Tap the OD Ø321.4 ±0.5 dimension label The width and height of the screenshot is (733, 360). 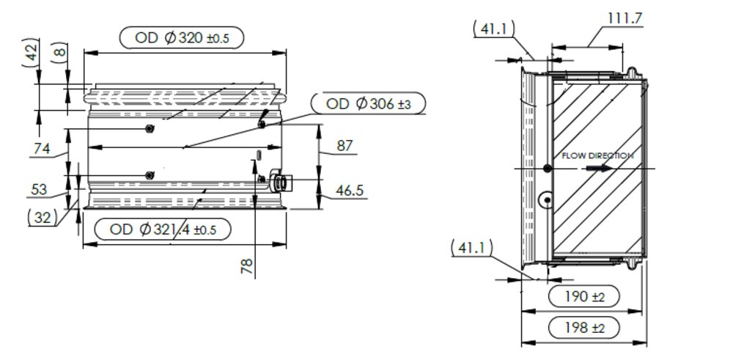tap(163, 229)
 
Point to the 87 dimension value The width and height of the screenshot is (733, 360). tap(345, 146)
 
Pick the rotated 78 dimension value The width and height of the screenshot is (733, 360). tap(248, 266)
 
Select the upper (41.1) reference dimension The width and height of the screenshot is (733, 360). tap(493, 29)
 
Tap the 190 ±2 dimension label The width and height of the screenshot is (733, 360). tap(584, 296)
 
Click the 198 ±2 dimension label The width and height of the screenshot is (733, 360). tap(584, 328)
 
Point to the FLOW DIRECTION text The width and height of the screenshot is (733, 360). tap(597, 155)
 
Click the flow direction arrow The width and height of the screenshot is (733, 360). tap(598, 168)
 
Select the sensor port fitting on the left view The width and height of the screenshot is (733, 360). tap(279, 180)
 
